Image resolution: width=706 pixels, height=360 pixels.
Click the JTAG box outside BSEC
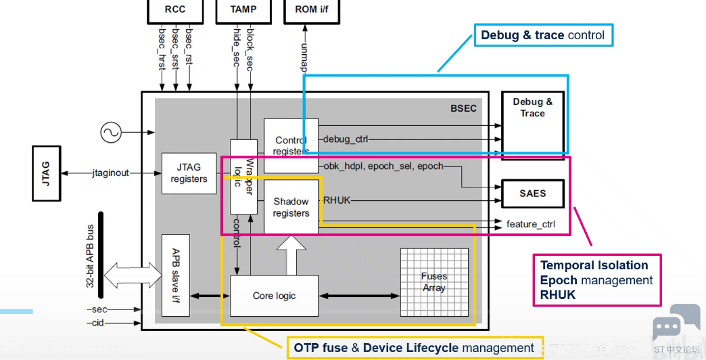pos(47,173)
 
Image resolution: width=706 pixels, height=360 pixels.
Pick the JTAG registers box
pos(189,173)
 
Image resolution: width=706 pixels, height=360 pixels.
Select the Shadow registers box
pos(291,207)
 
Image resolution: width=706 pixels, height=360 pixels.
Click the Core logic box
pos(274,296)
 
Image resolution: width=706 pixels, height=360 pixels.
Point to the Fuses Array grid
pos(435,282)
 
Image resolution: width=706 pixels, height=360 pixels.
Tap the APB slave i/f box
pos(176,275)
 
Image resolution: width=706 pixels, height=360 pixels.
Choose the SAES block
pos(533,194)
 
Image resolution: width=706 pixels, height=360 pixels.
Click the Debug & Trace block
pos(533,125)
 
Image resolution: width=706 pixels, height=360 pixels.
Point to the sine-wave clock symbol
pos(111,133)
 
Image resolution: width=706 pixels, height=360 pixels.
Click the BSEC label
pos(463,108)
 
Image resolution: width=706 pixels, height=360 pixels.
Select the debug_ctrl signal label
pos(346,139)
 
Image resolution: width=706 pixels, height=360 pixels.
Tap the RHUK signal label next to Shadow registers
pos(337,200)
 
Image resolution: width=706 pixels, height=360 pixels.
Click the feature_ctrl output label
pos(531,224)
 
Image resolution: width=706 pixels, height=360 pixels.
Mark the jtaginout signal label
pos(111,173)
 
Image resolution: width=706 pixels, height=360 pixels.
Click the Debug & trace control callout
pos(544,35)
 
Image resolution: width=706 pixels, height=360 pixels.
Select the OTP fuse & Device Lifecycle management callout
pos(415,348)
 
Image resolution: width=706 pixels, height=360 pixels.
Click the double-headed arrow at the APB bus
pos(133,275)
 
